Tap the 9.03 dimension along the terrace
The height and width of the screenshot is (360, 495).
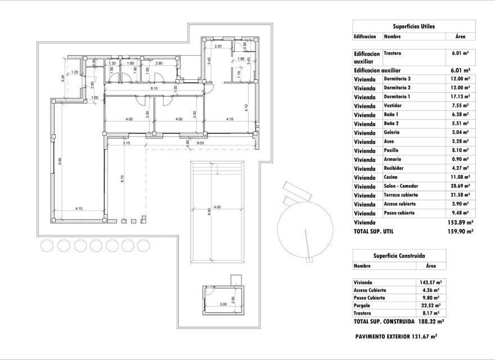200,143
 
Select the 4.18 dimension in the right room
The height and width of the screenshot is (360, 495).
229,119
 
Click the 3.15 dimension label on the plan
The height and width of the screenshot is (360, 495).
127,143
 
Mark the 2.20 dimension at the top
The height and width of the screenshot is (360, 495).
219,46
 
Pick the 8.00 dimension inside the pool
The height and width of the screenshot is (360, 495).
209,212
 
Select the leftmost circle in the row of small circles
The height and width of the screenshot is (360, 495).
47,245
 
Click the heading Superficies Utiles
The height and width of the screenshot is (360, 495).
413,26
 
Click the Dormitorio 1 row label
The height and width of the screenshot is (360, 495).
397,97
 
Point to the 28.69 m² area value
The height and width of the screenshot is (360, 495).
461,187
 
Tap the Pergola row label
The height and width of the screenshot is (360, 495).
363,307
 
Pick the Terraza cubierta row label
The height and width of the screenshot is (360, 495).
400,196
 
